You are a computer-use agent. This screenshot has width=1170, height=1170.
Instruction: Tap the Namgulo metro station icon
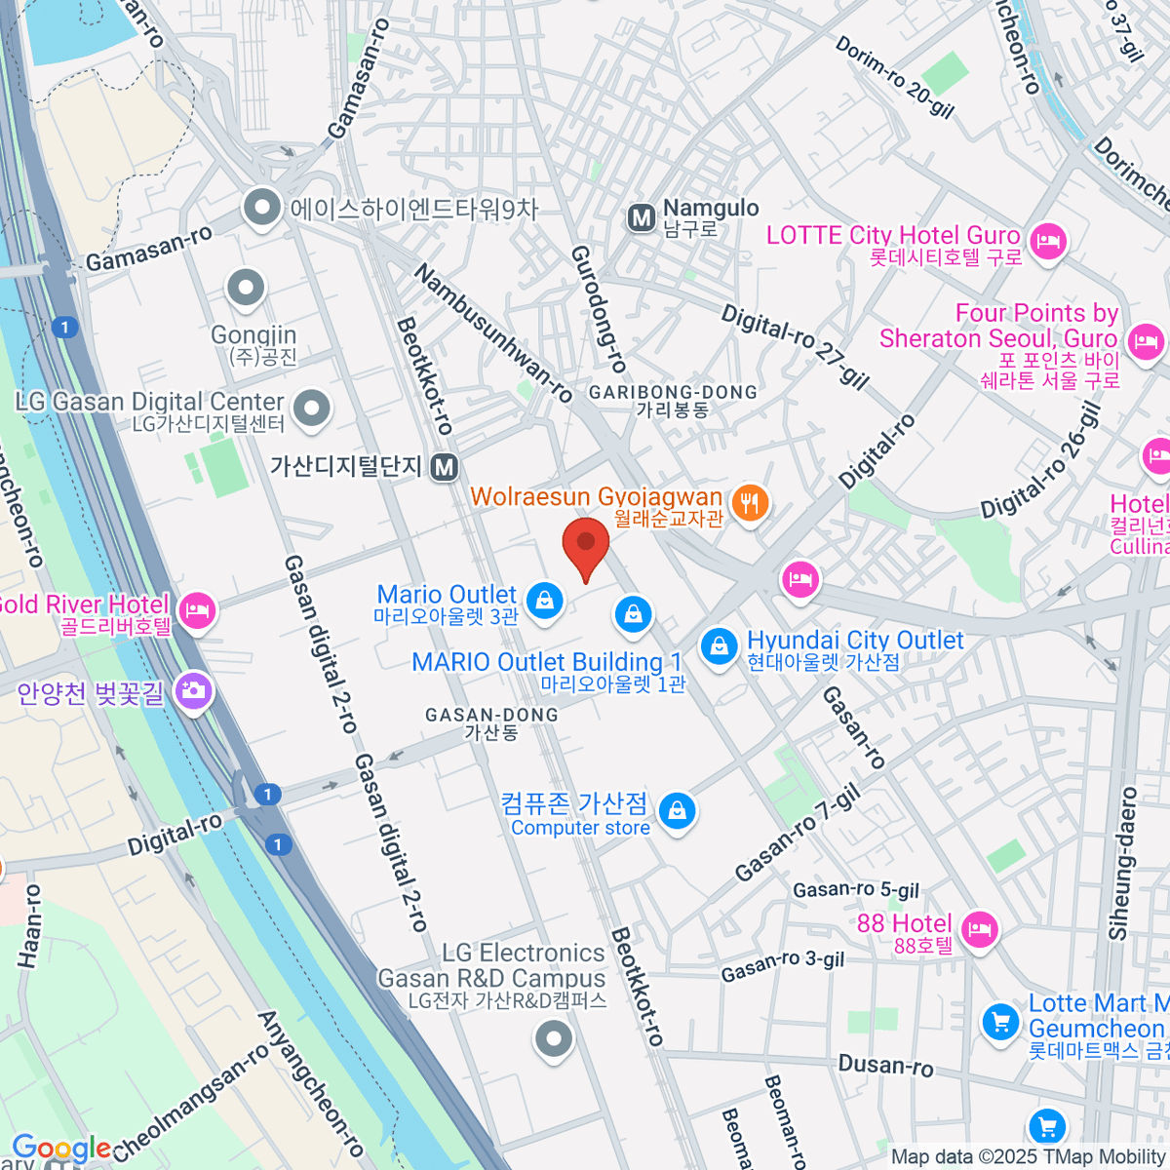(x=642, y=218)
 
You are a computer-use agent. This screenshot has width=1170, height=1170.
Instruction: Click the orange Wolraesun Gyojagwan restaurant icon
(x=750, y=503)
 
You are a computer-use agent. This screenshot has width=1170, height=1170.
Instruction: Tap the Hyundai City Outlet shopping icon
(x=720, y=645)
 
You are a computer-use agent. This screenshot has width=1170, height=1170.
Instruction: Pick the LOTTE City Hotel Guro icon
(x=1048, y=239)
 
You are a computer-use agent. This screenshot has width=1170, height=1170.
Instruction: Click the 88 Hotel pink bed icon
(x=979, y=927)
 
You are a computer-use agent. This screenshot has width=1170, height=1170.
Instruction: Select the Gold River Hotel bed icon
(x=198, y=611)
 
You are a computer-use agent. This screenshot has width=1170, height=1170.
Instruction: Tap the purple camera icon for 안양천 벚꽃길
(x=193, y=691)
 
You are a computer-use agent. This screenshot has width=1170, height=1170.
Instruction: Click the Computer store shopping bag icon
(x=677, y=810)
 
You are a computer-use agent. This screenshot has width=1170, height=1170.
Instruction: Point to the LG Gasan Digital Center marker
(x=312, y=409)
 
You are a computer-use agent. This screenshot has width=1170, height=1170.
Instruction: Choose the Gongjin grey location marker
(x=246, y=289)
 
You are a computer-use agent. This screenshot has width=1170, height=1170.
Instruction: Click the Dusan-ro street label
(x=885, y=1065)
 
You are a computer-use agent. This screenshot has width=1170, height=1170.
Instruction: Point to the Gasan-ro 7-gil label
(x=798, y=833)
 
